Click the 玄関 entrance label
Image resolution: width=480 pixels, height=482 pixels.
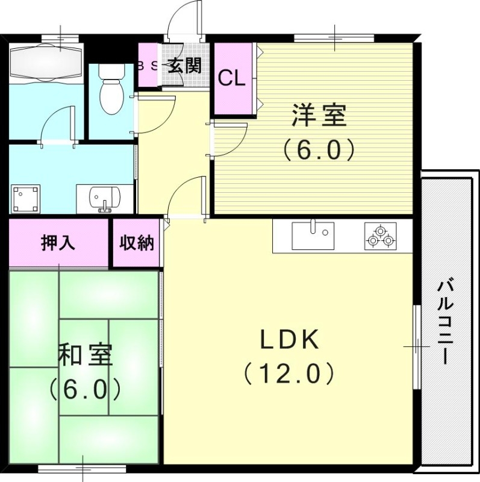point(184,65)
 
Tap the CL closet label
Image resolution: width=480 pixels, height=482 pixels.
point(231,78)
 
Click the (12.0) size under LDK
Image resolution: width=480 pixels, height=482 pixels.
point(288,374)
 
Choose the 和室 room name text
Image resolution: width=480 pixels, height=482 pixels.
point(85,355)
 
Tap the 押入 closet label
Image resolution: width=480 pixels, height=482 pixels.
point(58,243)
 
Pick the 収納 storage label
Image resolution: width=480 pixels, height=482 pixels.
point(136,243)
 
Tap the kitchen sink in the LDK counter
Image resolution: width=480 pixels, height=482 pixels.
point(313,236)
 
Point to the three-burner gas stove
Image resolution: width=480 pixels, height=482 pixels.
point(381,237)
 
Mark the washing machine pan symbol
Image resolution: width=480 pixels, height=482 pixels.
point(25,198)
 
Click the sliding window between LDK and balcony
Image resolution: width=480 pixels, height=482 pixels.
point(416,346)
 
